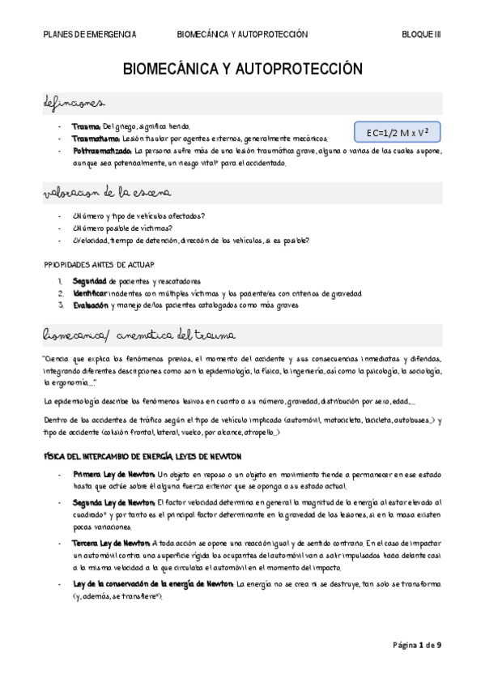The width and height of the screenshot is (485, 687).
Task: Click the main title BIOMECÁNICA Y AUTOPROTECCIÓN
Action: [x=242, y=70]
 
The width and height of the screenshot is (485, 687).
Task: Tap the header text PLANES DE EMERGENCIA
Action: [x=89, y=35]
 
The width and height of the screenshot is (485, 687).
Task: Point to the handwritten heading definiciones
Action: [x=73, y=104]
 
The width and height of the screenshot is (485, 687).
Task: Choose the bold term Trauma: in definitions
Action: [x=86, y=127]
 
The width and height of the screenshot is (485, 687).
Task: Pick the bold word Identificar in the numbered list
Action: [x=90, y=292]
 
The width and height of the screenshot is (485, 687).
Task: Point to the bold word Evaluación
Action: [x=91, y=305]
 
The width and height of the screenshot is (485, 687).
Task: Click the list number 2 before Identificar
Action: [x=60, y=292]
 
